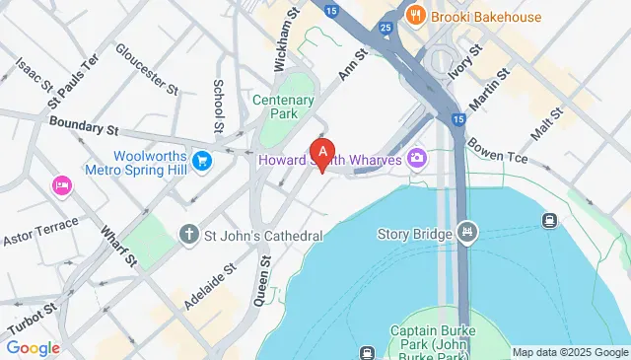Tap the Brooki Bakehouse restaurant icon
point(417,16)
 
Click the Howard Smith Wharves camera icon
point(417,158)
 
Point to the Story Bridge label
point(414,234)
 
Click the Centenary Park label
point(282,107)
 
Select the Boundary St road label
point(83,127)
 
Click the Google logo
point(33,347)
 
